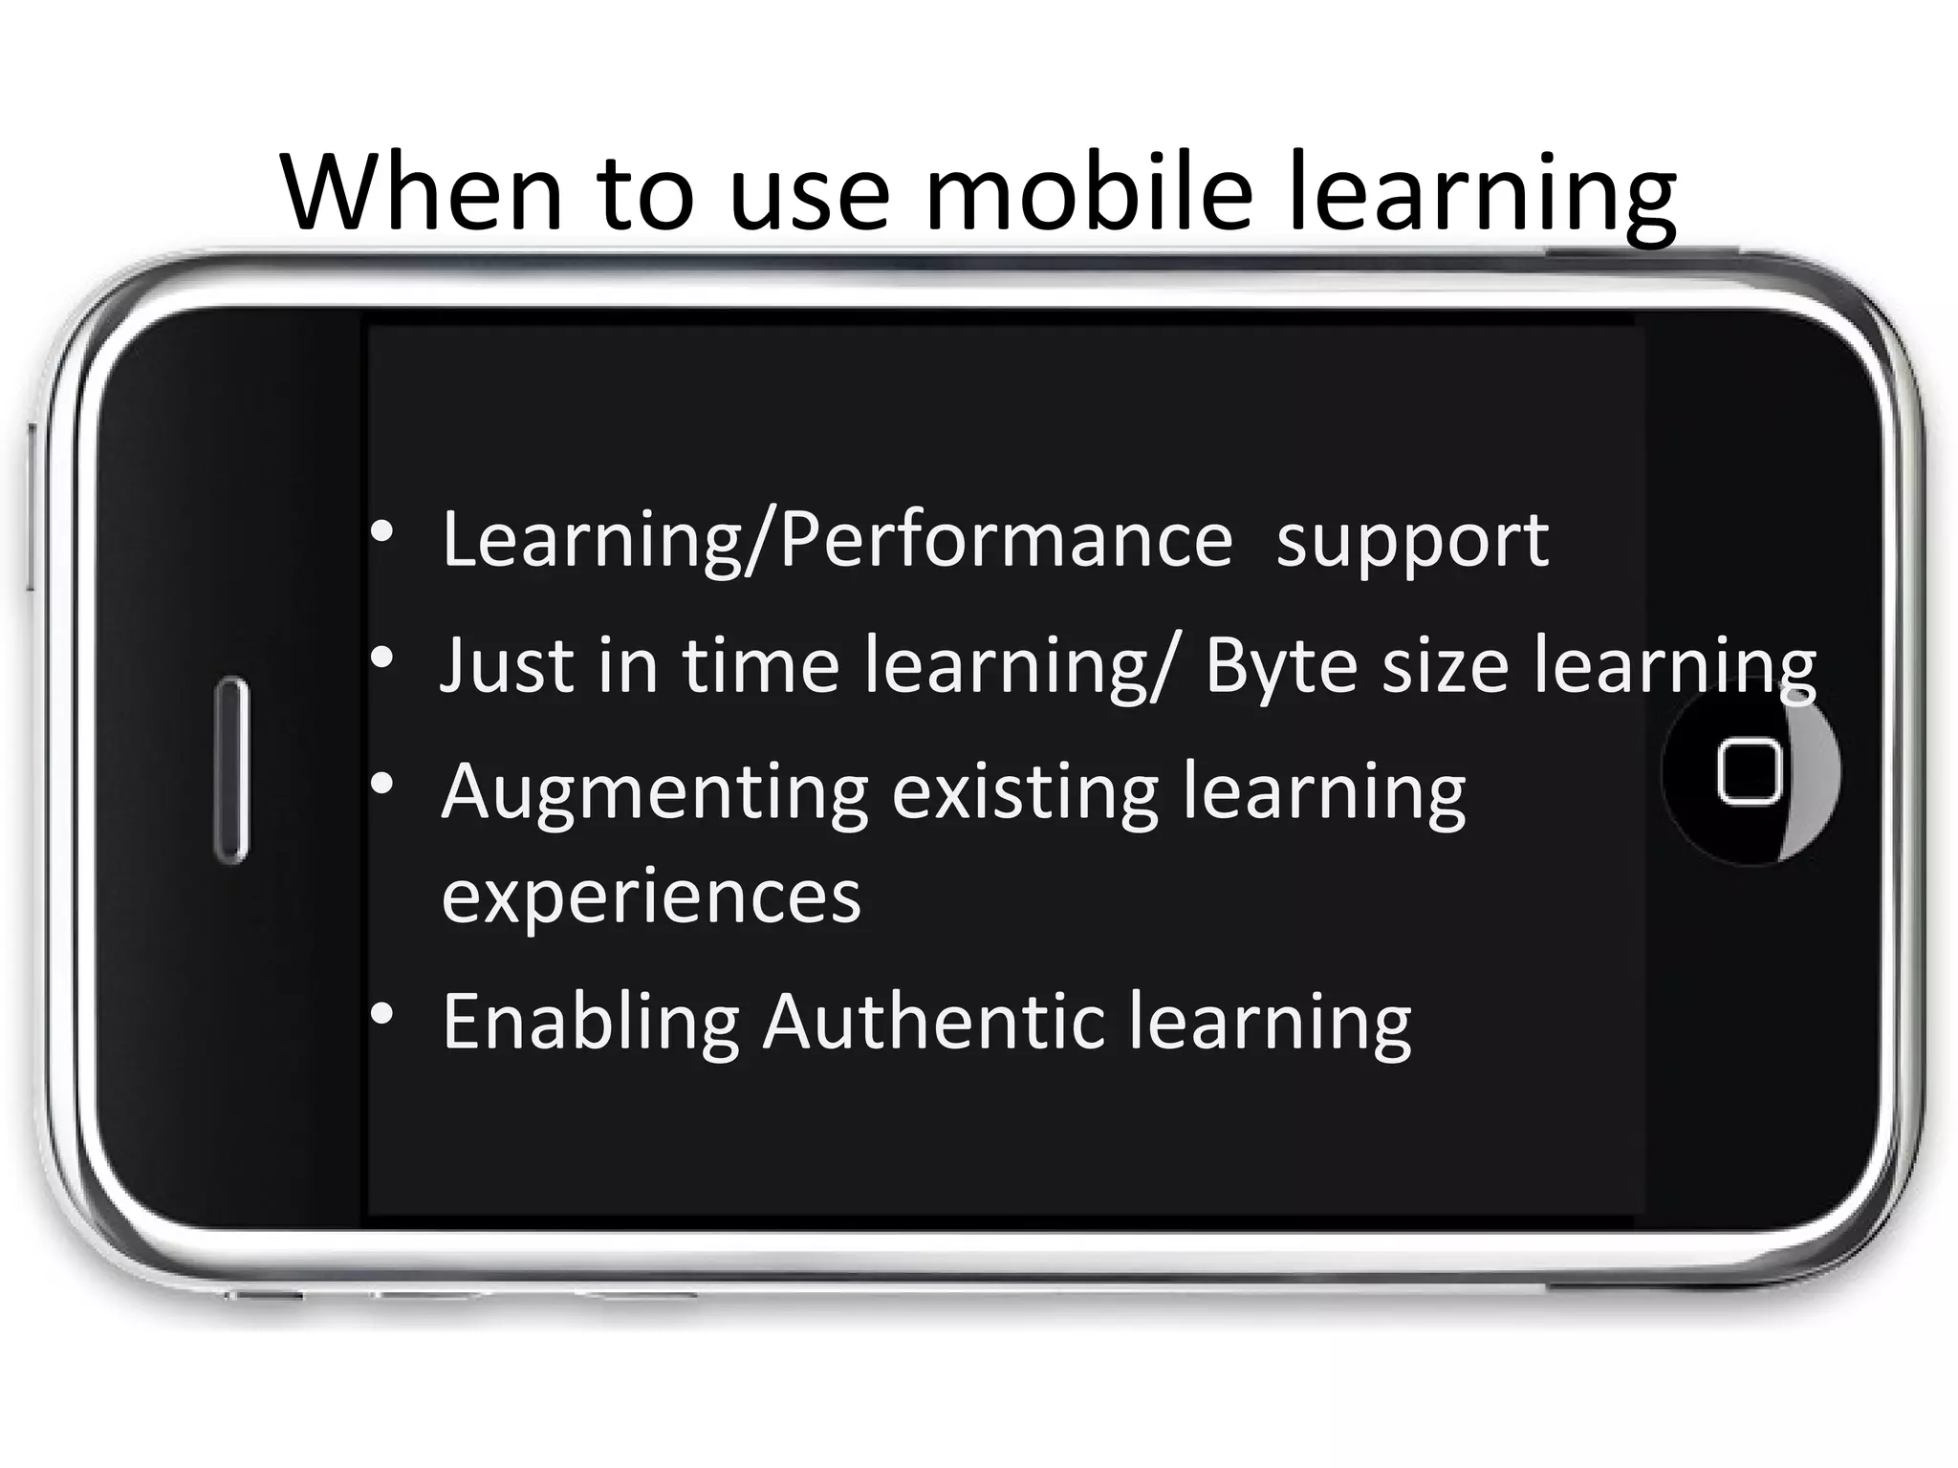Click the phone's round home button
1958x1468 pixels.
(1750, 771)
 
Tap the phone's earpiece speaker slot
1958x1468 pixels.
(230, 770)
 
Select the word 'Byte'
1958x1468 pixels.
(1281, 666)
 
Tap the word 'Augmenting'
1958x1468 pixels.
(655, 793)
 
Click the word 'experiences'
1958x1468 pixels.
(651, 897)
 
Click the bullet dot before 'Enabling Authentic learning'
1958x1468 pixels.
(382, 1014)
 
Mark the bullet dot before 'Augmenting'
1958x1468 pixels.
(382, 785)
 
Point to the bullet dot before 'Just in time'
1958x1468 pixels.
(382, 658)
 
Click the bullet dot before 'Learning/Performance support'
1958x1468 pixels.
(382, 532)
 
